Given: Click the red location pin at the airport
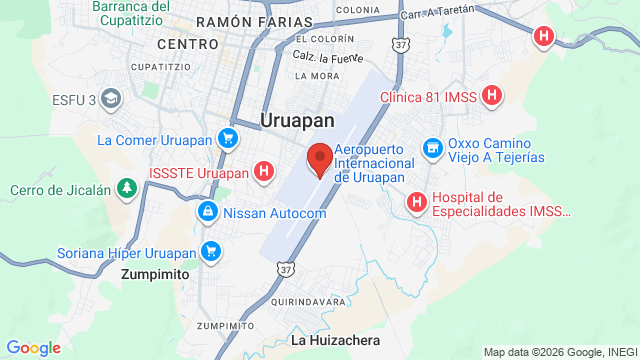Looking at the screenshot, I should pyautogui.click(x=320, y=159).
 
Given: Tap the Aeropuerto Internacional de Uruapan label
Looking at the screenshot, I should pyautogui.click(x=380, y=162).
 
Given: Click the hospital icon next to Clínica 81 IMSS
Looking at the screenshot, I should pyautogui.click(x=492, y=96).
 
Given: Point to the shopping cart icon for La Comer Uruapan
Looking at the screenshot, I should pyautogui.click(x=229, y=139).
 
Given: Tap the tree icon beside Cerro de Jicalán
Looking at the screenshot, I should pyautogui.click(x=126, y=188).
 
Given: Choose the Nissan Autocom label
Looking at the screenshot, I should pyautogui.click(x=274, y=213).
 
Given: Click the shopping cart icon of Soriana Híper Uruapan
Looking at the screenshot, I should pyautogui.click(x=210, y=250).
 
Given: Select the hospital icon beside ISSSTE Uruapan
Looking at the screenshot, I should pyautogui.click(x=263, y=171).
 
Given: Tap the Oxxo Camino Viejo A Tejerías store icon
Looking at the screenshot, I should pyautogui.click(x=432, y=148).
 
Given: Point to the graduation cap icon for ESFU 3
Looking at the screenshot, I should pyautogui.click(x=109, y=98).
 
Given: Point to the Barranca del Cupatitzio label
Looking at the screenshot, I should pyautogui.click(x=131, y=13).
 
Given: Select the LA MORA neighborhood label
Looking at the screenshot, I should pyautogui.click(x=316, y=75).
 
